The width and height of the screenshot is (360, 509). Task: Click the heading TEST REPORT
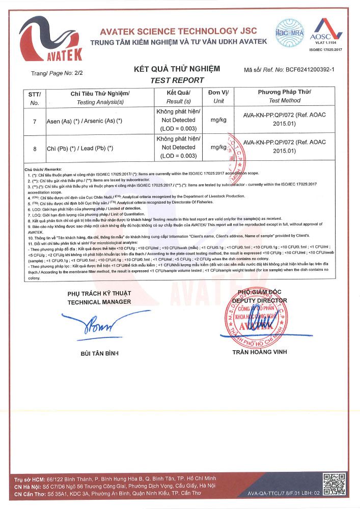pyautogui.click(x=177, y=80)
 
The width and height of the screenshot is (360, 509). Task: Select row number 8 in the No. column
pyautogui.click(x=35, y=148)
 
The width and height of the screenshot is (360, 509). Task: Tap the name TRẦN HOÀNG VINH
pyautogui.click(x=259, y=352)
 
